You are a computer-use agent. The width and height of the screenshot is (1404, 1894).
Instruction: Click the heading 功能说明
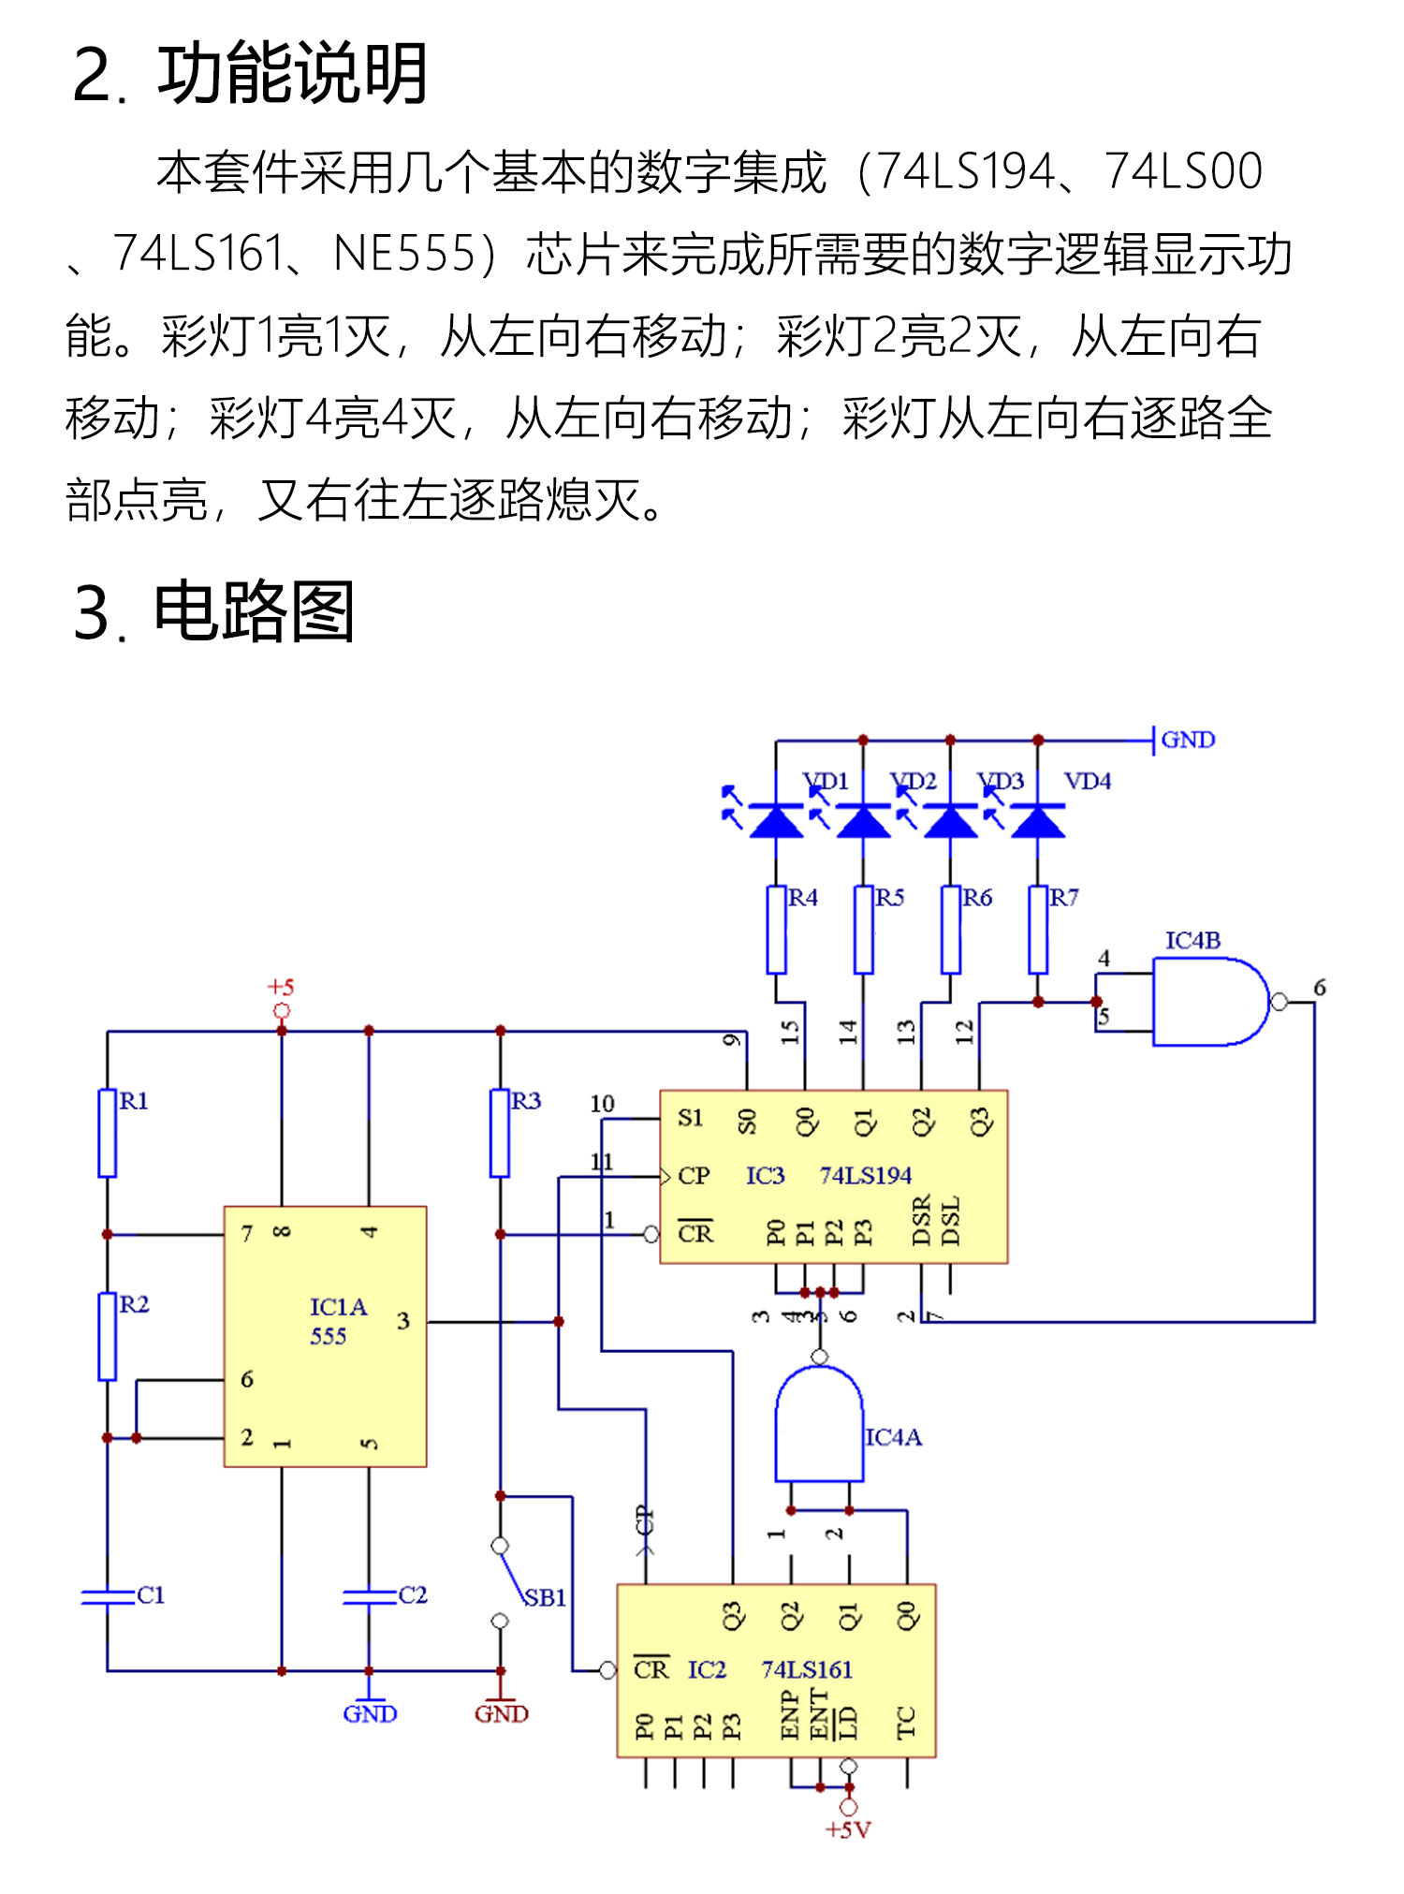tap(292, 74)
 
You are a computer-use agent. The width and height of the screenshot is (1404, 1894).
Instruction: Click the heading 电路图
tap(254, 611)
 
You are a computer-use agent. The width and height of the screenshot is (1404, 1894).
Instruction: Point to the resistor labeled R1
tap(108, 1132)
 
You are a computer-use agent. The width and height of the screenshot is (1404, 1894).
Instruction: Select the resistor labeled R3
tap(500, 1132)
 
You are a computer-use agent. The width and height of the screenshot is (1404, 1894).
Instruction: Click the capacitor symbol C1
tap(108, 1596)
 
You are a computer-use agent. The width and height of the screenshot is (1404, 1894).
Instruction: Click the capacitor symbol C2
tap(369, 1596)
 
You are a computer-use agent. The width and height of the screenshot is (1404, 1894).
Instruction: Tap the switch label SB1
tap(545, 1598)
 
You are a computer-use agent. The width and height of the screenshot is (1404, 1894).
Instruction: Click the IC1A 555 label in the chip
tap(337, 1321)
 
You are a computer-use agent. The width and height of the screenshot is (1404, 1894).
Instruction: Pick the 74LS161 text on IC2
tap(807, 1669)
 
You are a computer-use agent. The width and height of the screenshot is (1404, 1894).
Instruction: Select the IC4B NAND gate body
tap(1207, 1002)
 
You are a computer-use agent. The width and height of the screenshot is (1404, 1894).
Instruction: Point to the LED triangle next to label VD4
tap(1037, 821)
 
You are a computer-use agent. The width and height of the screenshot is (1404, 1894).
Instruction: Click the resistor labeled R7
tap(1037, 930)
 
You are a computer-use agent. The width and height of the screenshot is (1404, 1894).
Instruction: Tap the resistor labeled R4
tap(776, 930)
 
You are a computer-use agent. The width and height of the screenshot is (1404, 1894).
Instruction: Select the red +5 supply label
tap(281, 987)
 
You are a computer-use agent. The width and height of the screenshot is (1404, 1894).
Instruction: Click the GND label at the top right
tap(1188, 740)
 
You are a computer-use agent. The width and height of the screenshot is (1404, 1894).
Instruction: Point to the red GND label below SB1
tap(501, 1714)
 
